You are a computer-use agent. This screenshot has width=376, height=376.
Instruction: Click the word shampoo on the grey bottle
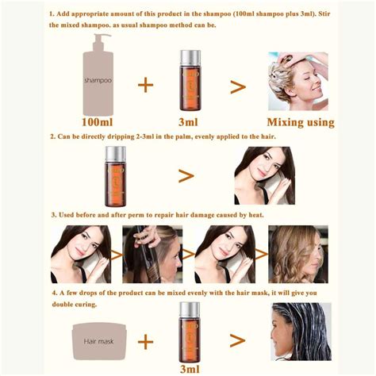[x=98, y=80]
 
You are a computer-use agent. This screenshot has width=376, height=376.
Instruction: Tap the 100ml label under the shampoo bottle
[x=98, y=122]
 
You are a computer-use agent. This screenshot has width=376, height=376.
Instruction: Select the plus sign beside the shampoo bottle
[x=146, y=85]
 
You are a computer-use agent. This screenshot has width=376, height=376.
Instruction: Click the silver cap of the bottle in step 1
[x=190, y=59]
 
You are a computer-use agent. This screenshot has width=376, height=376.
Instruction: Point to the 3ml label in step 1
[x=188, y=122]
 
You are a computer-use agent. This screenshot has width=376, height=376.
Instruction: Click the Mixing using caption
[x=301, y=123]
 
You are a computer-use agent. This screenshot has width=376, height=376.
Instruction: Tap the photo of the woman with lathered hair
[x=298, y=82]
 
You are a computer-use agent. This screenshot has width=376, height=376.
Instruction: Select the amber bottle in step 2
[x=116, y=176]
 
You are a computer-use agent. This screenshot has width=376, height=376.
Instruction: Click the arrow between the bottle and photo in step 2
[x=186, y=176]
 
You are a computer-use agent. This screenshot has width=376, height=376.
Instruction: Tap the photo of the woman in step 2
[x=265, y=175]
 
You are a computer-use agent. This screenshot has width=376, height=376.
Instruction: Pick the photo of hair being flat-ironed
[x=152, y=254]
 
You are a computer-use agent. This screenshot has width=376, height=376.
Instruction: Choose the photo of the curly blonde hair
[x=298, y=254]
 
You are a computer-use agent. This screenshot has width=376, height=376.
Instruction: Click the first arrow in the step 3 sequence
[x=117, y=255]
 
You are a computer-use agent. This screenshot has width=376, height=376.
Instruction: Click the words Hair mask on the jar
[x=98, y=342]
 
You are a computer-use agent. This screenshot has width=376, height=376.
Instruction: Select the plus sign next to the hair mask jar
[x=146, y=342]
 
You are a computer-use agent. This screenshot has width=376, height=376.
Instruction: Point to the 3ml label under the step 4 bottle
[x=190, y=369]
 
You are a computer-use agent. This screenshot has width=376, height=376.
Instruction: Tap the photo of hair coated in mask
[x=301, y=332]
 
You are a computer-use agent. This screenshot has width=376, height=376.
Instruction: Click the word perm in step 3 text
[x=136, y=215]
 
